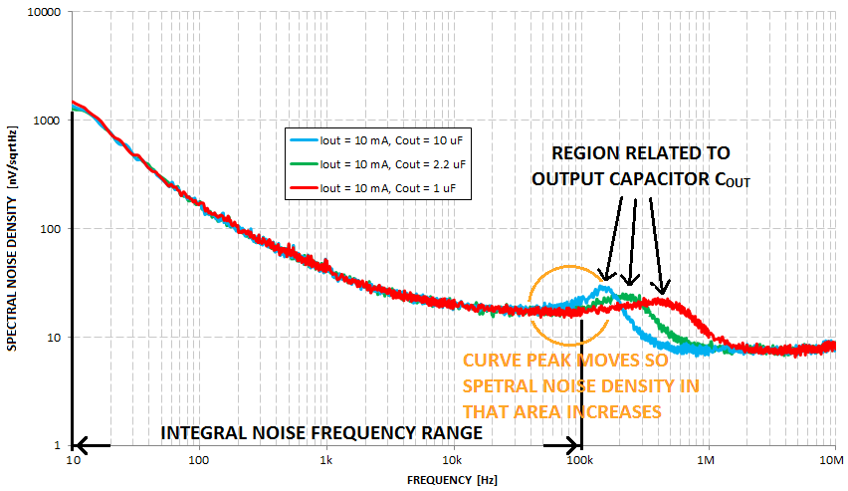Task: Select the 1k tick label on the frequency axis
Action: pyautogui.click(x=325, y=462)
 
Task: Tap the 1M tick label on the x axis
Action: pyautogui.click(x=707, y=462)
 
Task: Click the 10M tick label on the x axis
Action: pyautogui.click(x=832, y=462)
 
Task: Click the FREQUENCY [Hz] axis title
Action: pyautogui.click(x=453, y=479)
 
